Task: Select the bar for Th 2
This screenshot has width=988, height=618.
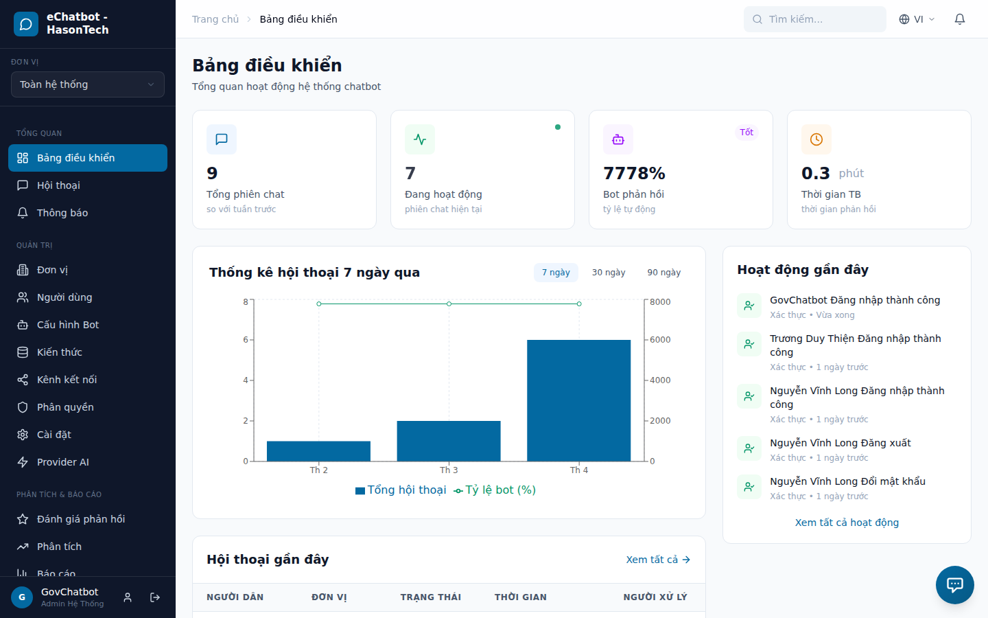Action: coord(318,451)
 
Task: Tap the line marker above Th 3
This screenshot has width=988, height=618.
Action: coord(449,304)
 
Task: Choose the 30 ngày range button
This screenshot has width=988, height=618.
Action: coord(609,273)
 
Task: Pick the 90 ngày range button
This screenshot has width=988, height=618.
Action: coord(663,273)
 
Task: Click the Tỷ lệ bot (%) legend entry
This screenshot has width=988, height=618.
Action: coord(495,490)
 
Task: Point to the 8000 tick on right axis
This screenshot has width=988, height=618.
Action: coord(660,302)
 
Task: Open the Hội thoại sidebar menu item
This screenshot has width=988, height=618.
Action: coord(58,185)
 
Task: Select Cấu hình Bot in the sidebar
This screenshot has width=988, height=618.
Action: coord(68,325)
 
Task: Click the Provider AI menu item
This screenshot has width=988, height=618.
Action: coord(63,462)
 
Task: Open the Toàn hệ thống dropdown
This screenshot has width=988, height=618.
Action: coord(88,84)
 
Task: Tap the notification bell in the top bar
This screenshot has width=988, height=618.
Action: coord(960,19)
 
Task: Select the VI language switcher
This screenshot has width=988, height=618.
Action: coord(917,19)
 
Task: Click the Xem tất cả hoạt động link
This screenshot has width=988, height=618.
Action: coord(847,523)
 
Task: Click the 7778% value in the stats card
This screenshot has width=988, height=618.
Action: coord(634,173)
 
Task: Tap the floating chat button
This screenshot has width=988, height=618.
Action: coord(954,584)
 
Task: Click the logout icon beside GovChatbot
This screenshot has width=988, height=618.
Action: coord(155,597)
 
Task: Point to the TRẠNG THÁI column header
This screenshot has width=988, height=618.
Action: coord(431,597)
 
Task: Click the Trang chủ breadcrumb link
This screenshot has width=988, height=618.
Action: coord(215,19)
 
